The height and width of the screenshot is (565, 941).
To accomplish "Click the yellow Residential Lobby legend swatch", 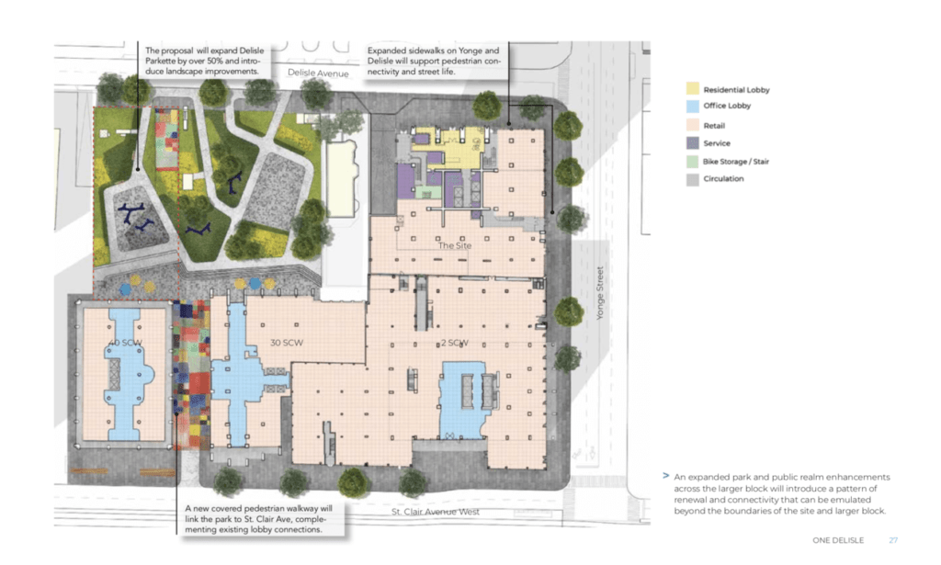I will (x=693, y=89).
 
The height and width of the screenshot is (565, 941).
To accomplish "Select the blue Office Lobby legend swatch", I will (x=693, y=107).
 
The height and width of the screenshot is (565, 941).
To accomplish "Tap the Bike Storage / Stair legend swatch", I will (x=693, y=161).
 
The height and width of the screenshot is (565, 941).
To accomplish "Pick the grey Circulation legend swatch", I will (x=693, y=179).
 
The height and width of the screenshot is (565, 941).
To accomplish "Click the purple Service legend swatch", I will (x=693, y=143).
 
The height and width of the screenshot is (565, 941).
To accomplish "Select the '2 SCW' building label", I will (x=453, y=342).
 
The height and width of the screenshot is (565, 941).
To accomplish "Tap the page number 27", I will (x=892, y=540).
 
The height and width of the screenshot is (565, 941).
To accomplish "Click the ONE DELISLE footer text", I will (x=837, y=540).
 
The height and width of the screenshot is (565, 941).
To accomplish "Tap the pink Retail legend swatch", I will (x=693, y=125).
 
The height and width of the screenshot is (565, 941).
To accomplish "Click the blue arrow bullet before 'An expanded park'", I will (x=665, y=477).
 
